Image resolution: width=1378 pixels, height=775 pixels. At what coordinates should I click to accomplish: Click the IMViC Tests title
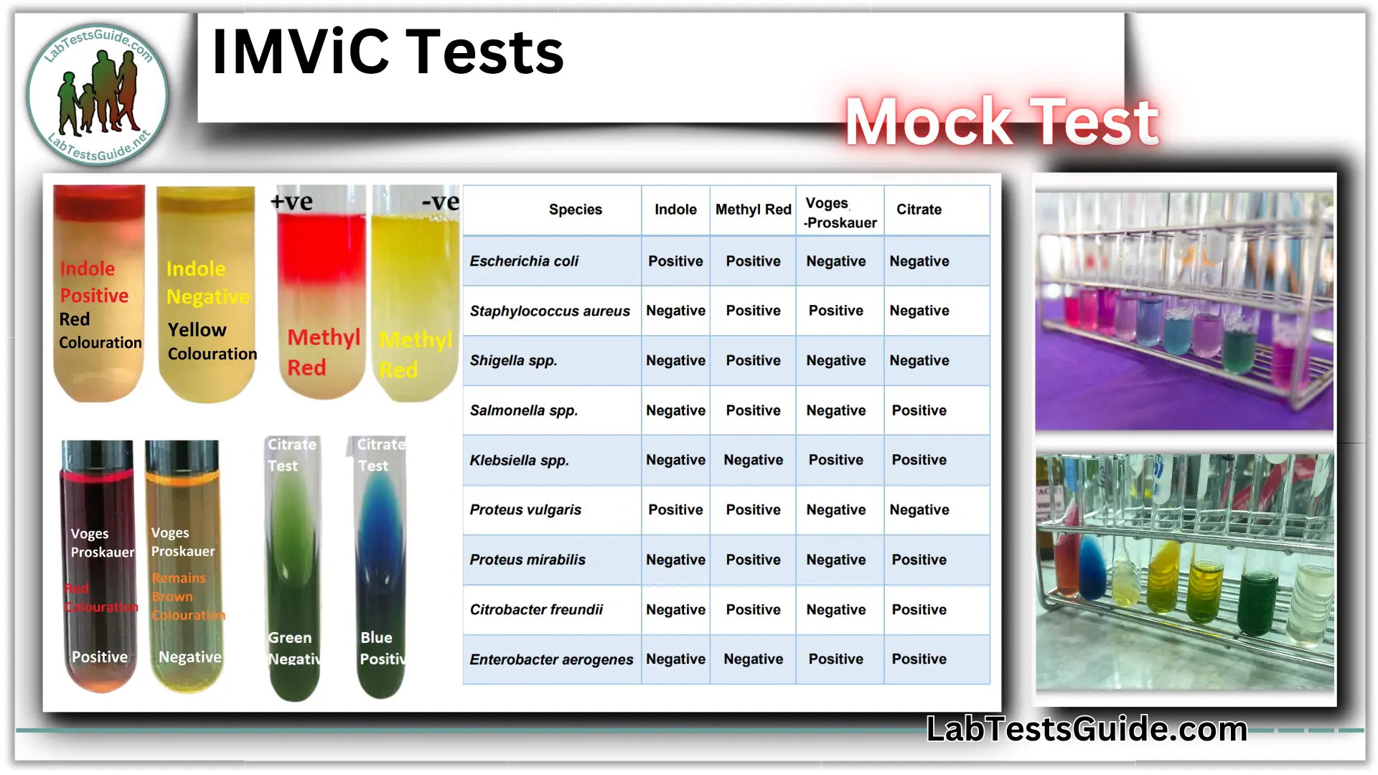click(x=388, y=52)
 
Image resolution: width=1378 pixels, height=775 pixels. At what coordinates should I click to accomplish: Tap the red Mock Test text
click(x=1001, y=122)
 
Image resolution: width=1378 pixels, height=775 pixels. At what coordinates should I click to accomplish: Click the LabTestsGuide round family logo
click(x=98, y=95)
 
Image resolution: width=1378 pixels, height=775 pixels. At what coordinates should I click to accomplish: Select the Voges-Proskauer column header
click(x=839, y=212)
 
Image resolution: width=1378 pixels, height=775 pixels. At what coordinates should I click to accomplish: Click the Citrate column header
click(x=919, y=210)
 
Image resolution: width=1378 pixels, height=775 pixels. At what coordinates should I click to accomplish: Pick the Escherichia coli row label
click(x=524, y=261)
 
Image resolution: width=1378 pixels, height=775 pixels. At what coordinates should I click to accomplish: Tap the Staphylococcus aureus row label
click(x=550, y=311)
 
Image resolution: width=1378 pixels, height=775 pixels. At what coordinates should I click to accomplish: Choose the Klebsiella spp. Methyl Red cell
click(x=753, y=460)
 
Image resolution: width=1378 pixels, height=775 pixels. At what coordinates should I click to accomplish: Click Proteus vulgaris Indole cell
click(x=675, y=509)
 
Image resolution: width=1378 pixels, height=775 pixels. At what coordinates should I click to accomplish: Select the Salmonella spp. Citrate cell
click(x=919, y=410)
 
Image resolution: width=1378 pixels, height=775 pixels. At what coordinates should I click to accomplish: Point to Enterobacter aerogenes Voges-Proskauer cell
click(x=835, y=659)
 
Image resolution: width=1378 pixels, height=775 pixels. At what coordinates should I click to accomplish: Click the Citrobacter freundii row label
click(x=536, y=609)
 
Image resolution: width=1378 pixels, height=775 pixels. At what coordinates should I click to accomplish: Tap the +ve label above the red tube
click(x=291, y=202)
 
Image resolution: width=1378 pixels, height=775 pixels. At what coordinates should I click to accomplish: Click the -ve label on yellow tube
click(x=440, y=202)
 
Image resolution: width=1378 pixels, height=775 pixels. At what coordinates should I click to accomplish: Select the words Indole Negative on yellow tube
click(x=207, y=283)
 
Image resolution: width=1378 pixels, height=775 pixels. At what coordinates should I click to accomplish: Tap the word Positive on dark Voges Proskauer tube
click(x=100, y=657)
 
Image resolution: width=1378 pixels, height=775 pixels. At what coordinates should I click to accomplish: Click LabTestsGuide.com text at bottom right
click(x=1087, y=729)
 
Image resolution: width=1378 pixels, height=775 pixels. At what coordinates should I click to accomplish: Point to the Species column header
click(x=575, y=210)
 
